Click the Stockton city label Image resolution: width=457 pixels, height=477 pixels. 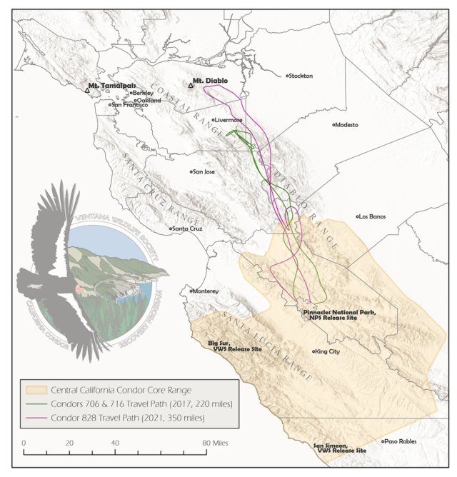(301, 76)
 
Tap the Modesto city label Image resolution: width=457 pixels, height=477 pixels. (346, 124)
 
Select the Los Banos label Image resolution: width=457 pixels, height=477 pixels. (372, 216)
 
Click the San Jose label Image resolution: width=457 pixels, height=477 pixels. (204, 171)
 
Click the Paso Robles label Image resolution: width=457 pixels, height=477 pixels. (401, 441)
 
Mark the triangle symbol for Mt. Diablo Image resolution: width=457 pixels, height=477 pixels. (191, 85)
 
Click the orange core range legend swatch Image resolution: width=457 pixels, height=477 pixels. (36, 391)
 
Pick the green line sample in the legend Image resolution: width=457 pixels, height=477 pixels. (36, 403)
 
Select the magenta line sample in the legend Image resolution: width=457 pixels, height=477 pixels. (36, 416)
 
